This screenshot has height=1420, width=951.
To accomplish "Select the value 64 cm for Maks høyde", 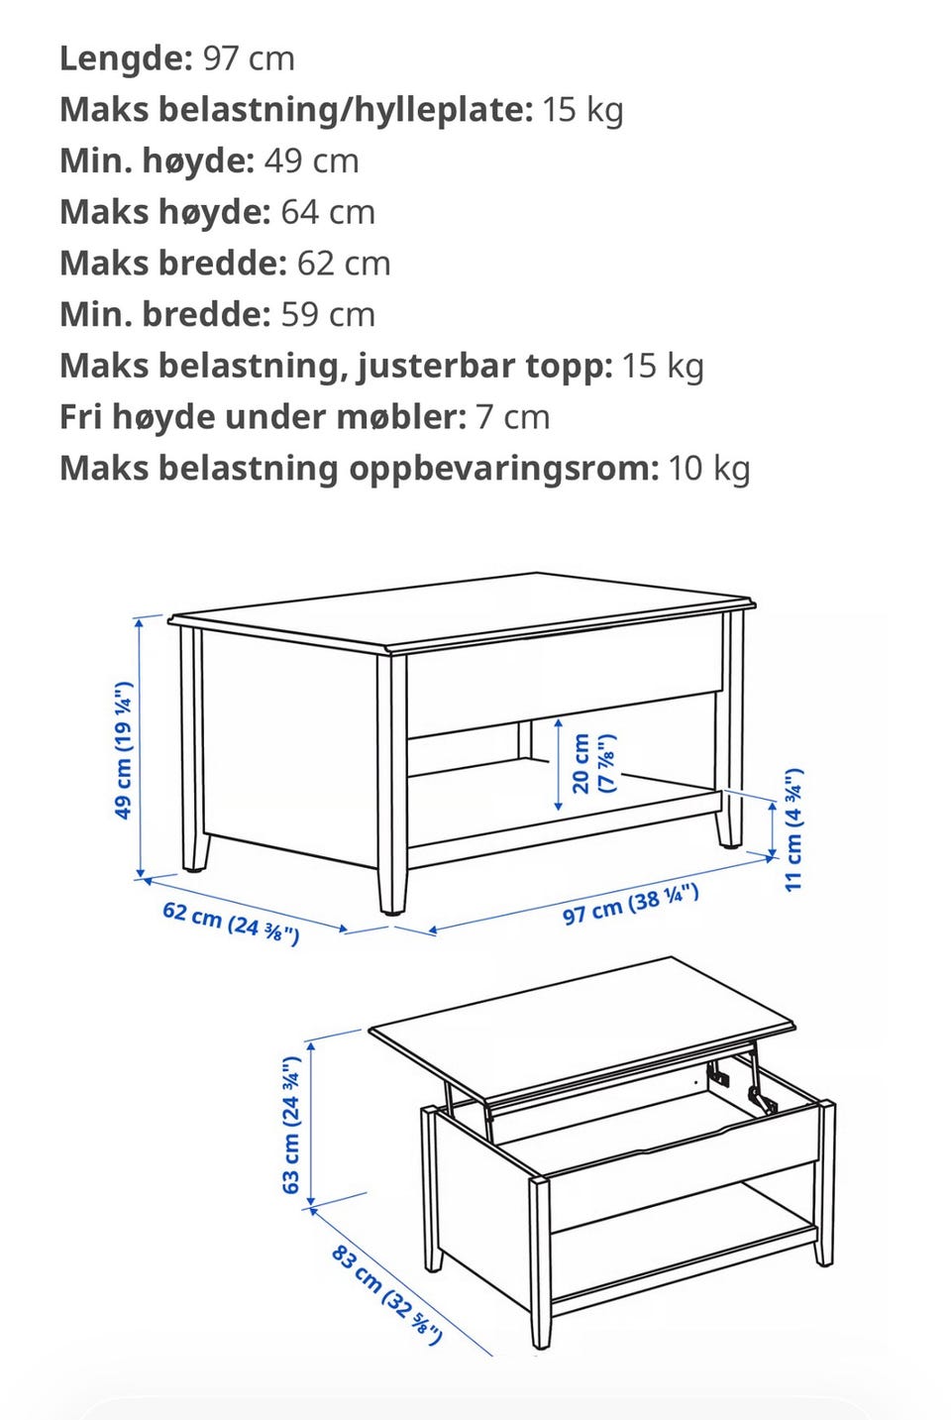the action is [328, 212].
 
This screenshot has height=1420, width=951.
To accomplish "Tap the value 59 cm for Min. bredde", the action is [328, 314].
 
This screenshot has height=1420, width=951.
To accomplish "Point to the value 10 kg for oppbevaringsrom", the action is [709, 469].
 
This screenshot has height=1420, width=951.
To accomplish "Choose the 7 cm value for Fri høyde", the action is [512, 417].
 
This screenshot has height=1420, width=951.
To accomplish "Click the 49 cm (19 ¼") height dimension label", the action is [123, 750].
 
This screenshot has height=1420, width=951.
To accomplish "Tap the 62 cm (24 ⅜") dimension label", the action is [231, 923].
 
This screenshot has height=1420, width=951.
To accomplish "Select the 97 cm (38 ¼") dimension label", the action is [630, 905].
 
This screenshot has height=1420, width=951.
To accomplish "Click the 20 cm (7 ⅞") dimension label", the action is [592, 764].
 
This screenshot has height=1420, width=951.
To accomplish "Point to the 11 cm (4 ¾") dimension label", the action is [793, 829].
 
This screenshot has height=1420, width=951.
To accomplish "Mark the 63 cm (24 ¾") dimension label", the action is [291, 1125].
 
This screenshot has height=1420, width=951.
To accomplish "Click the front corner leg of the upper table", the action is [392, 784].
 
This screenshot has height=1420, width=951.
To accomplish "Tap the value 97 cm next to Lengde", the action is [249, 58].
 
